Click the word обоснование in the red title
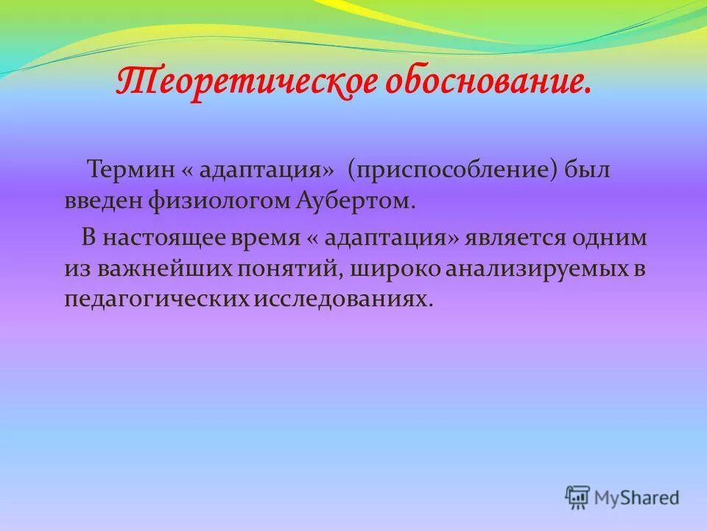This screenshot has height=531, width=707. (486, 82)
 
